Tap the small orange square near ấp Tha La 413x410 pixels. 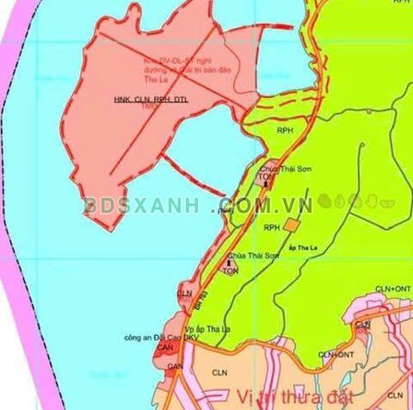pyautogui.click(x=293, y=225)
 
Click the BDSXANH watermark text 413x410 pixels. pyautogui.click(x=143, y=207)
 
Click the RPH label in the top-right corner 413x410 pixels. pyautogui.click(x=399, y=3)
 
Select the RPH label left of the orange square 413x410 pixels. pyautogui.click(x=272, y=227)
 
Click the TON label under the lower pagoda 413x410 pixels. pyautogui.click(x=230, y=271)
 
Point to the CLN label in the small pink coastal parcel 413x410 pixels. pyautogui.click(x=184, y=294)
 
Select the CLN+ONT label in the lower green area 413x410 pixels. pyautogui.click(x=336, y=354)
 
